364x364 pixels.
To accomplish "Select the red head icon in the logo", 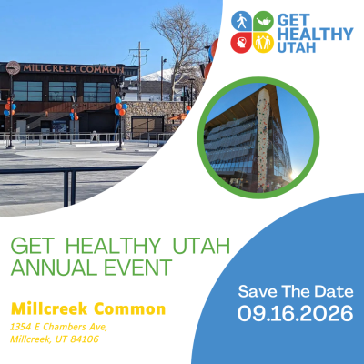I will pyautogui.click(x=241, y=42).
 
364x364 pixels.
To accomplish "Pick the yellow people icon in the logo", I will pyautogui.click(x=262, y=42).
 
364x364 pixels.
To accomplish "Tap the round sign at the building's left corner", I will pyautogui.click(x=13, y=67).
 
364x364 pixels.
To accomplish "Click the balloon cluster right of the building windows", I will pyautogui.click(x=120, y=106).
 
